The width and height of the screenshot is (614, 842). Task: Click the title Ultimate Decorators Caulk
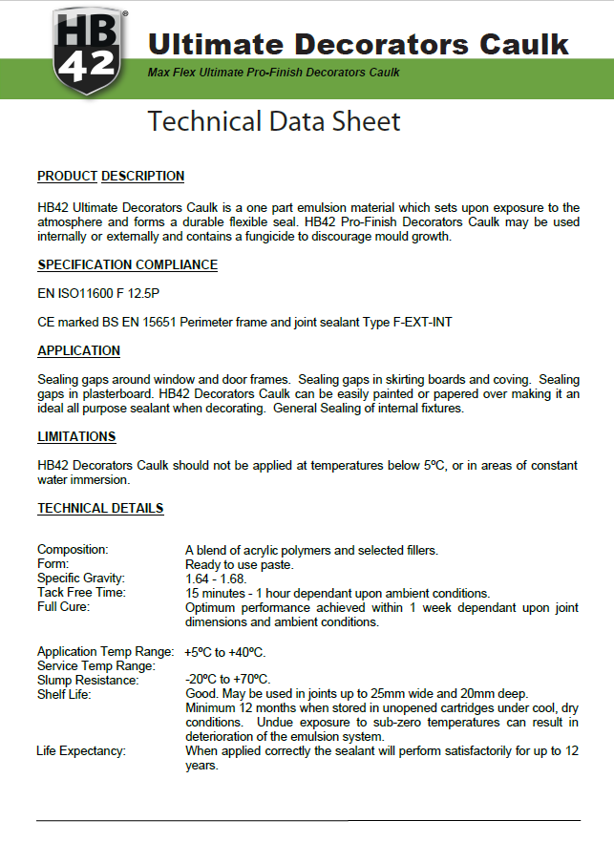(x=358, y=43)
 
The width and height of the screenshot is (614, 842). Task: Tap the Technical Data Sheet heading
(x=274, y=121)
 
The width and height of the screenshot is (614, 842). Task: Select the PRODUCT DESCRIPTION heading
(x=111, y=176)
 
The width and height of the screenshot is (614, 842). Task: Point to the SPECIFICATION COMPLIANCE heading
(x=127, y=264)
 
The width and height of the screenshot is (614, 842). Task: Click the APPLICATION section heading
(x=78, y=350)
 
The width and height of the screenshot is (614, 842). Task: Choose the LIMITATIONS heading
(x=76, y=436)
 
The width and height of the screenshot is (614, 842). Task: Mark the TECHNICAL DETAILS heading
(x=100, y=508)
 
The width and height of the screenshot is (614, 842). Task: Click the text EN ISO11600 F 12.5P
(x=93, y=293)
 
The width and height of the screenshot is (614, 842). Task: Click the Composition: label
(x=73, y=549)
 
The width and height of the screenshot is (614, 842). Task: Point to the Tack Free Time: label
(x=81, y=592)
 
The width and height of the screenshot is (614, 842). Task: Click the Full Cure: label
(x=64, y=606)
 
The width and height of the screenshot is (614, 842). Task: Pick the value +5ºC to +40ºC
(x=225, y=651)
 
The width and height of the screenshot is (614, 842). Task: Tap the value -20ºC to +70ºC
(x=225, y=680)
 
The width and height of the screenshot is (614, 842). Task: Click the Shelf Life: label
(x=64, y=694)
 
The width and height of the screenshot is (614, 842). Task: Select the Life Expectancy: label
(x=81, y=751)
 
